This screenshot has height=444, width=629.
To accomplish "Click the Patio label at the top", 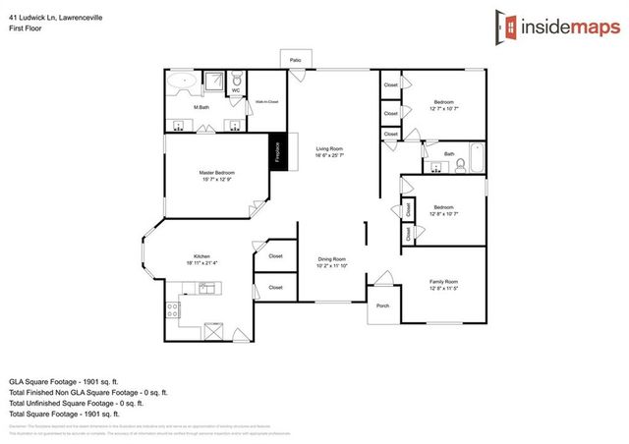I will tap(295, 61).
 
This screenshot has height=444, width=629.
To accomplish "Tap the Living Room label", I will tap(329, 150).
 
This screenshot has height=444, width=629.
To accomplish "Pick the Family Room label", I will tap(443, 282).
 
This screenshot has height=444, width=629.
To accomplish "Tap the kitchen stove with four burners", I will tap(172, 309).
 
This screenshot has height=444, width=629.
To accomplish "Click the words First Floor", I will tap(25, 28).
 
